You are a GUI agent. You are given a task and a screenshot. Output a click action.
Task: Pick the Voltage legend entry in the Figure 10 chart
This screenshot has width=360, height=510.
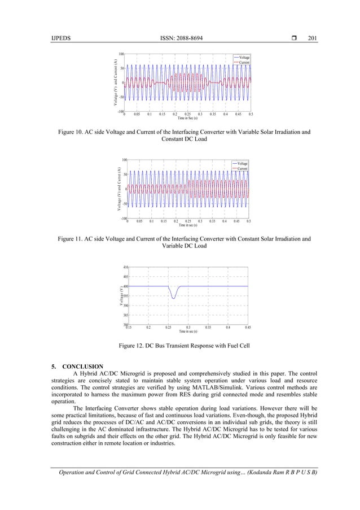(244, 57)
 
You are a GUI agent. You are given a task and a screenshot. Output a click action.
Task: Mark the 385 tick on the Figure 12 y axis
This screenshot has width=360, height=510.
(126, 315)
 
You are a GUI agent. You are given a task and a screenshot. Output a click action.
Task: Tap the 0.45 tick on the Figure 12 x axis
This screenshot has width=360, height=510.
(247, 327)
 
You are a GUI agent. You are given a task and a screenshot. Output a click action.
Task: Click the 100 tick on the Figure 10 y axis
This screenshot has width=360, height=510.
(121, 54)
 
